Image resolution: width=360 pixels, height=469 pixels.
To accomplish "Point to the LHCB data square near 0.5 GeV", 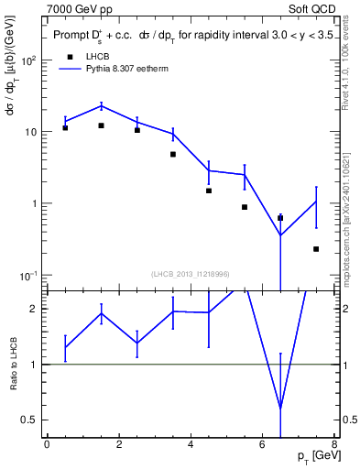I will (x=65, y=127).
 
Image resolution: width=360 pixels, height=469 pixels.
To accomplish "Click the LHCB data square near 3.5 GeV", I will (x=172, y=154).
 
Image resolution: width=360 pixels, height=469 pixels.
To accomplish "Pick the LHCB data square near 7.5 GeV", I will (x=316, y=249).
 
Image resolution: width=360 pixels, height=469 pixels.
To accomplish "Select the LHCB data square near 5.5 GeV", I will (x=245, y=207).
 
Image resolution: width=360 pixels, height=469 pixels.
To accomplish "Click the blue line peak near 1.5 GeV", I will (x=101, y=105).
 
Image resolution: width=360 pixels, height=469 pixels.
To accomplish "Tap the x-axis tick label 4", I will (x=190, y=444).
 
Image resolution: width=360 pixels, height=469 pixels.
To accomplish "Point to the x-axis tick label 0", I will (x=47, y=444).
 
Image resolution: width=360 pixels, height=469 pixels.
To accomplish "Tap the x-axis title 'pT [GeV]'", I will (x=311, y=456).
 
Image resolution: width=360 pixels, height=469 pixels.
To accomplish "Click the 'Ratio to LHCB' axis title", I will (x=13, y=365).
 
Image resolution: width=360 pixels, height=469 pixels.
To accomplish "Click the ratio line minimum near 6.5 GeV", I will (x=280, y=408).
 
